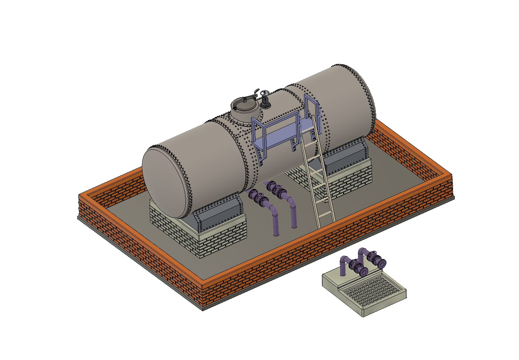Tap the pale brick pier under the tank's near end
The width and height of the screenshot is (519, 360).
tap(199, 237)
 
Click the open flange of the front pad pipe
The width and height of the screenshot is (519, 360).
tap(363, 271)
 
